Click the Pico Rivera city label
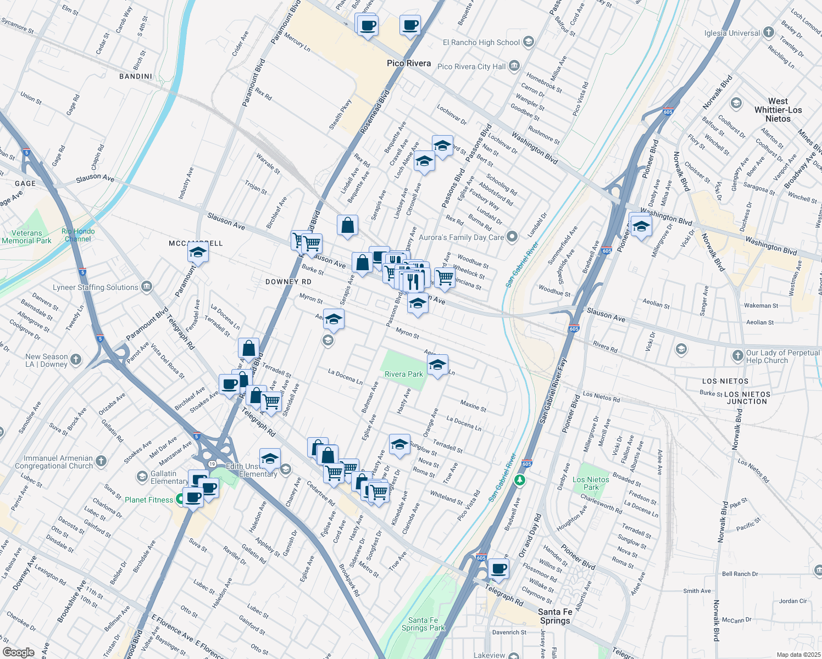pos(409,63)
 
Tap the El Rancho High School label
pos(481,42)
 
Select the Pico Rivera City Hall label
pos(471,66)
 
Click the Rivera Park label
pos(404,374)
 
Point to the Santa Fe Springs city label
pos(555,616)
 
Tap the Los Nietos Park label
pos(591,483)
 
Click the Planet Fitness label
pos(149,500)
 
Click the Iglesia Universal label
pos(732,33)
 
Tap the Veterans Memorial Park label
pos(26,237)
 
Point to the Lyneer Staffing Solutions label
pos(96,287)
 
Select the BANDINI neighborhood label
pos(136,76)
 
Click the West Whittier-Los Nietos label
pos(778,110)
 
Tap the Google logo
pos(18,652)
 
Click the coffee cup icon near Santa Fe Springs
pos(498,569)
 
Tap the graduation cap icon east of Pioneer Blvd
pos(641,226)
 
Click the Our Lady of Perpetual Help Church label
pos(782,356)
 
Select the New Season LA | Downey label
pos(47,360)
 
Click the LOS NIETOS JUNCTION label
pos(747,398)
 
